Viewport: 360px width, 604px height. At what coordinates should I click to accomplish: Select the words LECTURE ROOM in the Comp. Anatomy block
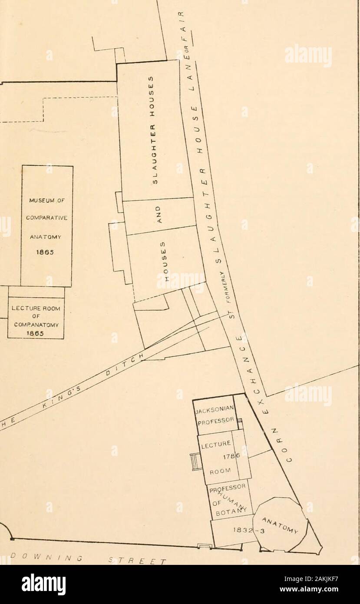tap(36, 309)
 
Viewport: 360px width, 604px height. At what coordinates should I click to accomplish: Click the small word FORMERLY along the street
tap(224, 286)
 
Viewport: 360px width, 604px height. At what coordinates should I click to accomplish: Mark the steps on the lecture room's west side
tap(194, 462)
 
